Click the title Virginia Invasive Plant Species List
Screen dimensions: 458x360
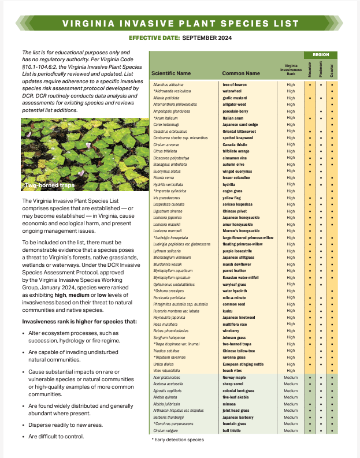tap(180, 24)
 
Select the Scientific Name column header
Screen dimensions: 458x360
tap(170, 74)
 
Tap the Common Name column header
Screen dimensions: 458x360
tap(241, 74)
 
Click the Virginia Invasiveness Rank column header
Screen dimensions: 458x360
tap(291, 70)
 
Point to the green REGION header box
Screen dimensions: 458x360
tap(321, 54)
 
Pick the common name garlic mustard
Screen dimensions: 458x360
tap(236, 98)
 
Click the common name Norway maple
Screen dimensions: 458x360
tap(237, 377)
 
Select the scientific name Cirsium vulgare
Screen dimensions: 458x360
tap(166, 430)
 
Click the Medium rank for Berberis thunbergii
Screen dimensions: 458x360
tap(291, 417)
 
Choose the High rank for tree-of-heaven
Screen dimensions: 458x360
tap(291, 84)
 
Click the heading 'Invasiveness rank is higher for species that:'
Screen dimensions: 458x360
tap(71, 321)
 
